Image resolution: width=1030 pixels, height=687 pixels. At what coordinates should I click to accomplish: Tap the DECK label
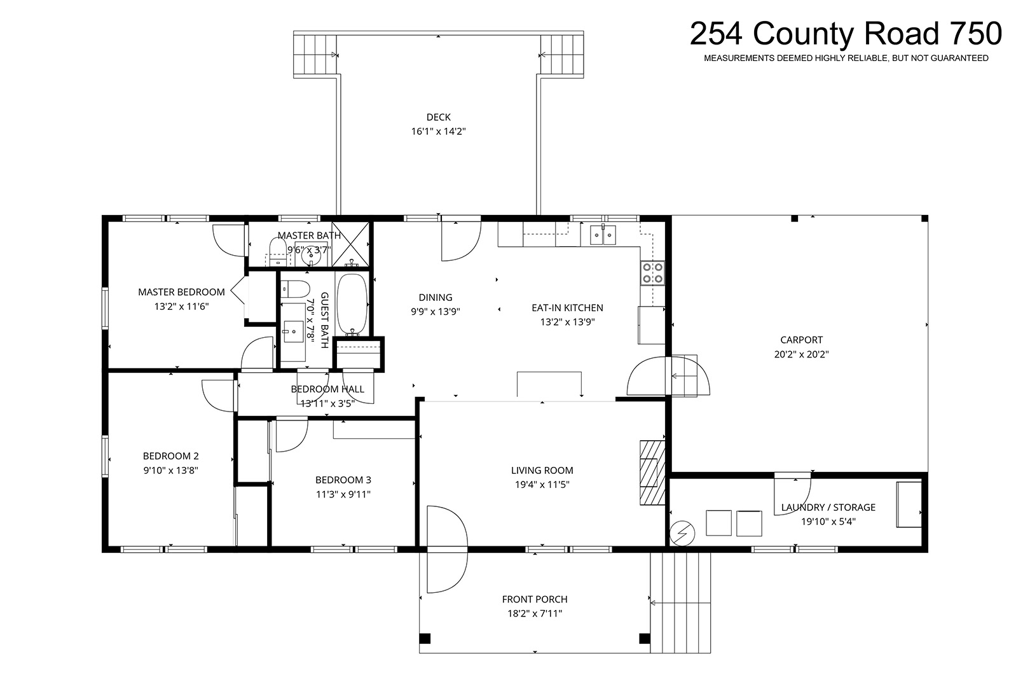(x=438, y=117)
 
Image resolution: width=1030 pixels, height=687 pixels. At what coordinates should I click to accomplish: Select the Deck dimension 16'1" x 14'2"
(x=438, y=132)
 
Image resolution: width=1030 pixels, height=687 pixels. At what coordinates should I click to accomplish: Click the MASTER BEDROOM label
(x=182, y=292)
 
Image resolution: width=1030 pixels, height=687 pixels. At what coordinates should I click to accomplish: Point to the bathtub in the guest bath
(x=352, y=304)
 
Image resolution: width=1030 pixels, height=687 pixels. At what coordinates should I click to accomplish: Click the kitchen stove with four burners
(x=653, y=273)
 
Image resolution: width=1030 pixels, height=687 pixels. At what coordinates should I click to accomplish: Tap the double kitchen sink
(x=603, y=235)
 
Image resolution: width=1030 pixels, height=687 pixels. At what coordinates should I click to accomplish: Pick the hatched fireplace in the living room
(x=652, y=473)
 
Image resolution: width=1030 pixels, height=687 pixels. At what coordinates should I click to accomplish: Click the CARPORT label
(x=802, y=340)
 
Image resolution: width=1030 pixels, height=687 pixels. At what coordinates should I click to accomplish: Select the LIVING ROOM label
(x=542, y=470)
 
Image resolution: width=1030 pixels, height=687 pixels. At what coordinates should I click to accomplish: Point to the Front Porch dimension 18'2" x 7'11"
(x=535, y=613)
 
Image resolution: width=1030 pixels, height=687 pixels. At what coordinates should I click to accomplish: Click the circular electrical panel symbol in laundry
(x=682, y=534)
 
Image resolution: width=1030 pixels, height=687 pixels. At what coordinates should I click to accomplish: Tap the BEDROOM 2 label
(x=170, y=456)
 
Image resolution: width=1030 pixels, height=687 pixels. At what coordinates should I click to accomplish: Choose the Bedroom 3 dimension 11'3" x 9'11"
(x=343, y=494)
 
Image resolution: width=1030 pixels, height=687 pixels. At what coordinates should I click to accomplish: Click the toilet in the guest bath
(x=296, y=289)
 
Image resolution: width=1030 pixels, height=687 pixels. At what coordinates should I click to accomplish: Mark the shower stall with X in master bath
(x=350, y=244)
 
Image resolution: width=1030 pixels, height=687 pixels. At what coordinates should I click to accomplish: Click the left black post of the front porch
(x=425, y=639)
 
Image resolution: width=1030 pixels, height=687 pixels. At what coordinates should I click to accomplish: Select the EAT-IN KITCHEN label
(x=567, y=307)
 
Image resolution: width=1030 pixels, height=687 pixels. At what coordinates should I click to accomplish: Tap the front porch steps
(x=680, y=603)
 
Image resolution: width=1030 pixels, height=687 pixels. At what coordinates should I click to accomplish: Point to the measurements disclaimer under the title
(x=846, y=59)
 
